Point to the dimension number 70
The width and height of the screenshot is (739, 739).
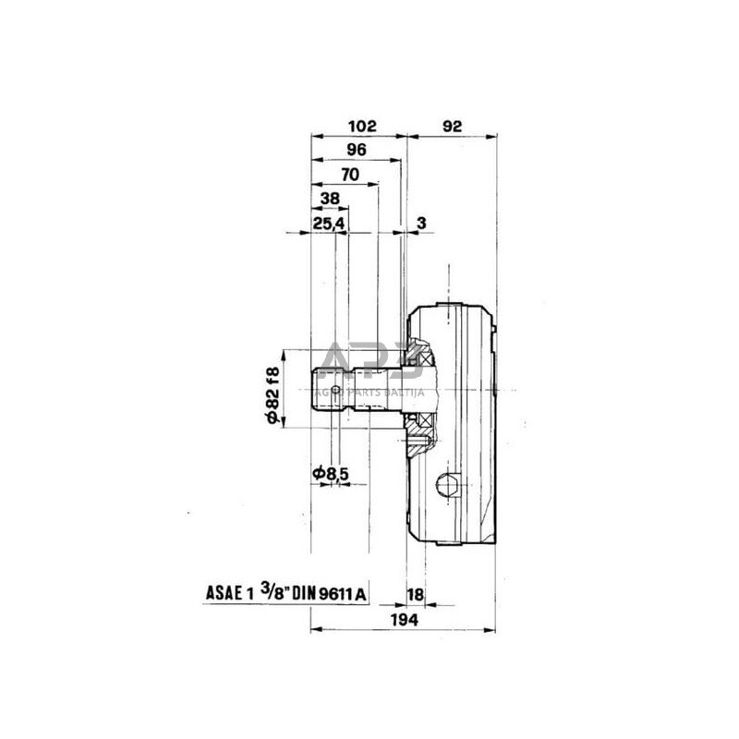coord(350,175)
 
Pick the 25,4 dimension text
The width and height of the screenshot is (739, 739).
coord(329,223)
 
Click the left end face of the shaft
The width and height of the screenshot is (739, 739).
coord(311,387)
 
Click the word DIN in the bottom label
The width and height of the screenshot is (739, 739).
coord(305,595)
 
